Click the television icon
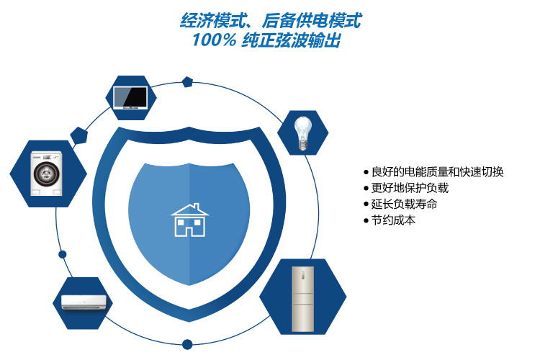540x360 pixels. [x=130, y=98]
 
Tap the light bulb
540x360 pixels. [x=302, y=133]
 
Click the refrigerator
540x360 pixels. [x=302, y=299]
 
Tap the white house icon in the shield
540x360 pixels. [x=190, y=220]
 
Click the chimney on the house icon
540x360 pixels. [x=197, y=207]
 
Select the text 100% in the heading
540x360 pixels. [x=214, y=40]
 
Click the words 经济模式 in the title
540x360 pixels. [x=213, y=20]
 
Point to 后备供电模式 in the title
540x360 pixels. [x=311, y=20]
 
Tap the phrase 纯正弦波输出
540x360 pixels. [x=291, y=40]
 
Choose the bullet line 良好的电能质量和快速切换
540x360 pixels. [x=437, y=171]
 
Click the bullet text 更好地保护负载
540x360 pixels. [x=410, y=188]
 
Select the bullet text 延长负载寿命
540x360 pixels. [x=405, y=204]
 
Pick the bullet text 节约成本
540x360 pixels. [x=393, y=220]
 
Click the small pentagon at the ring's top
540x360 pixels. [x=187, y=82]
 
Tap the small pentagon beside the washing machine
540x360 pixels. [x=79, y=135]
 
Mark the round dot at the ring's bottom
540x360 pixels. [x=187, y=344]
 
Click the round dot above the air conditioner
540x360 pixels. [x=63, y=254]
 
